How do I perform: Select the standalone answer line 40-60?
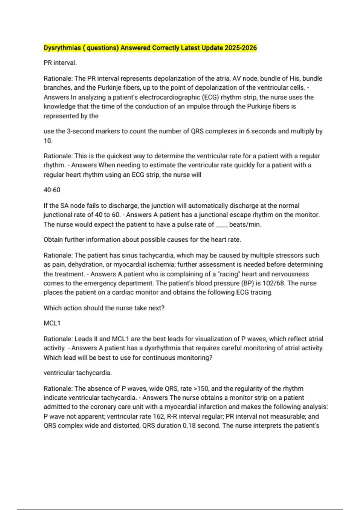[52, 190]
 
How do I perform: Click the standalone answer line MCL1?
[52, 323]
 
